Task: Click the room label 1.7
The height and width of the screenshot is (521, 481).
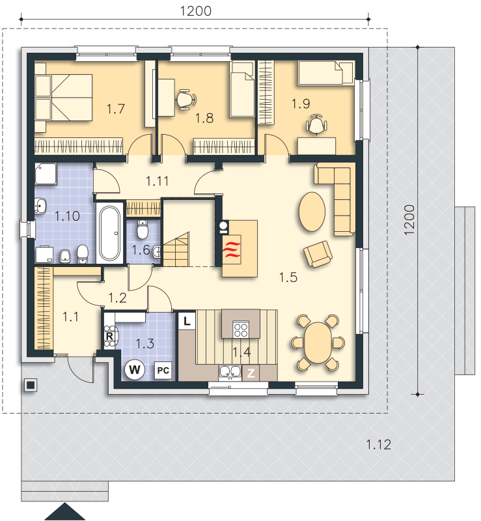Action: point(115,109)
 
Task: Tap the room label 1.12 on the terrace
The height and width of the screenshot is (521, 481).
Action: point(378,445)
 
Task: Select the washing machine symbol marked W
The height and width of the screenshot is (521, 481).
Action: point(135,370)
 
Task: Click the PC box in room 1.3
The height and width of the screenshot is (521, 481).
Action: point(163,371)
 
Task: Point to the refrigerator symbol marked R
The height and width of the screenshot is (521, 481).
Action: point(109,337)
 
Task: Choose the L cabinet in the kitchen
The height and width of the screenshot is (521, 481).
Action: point(187,321)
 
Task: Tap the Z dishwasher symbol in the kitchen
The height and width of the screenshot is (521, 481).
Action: point(250,373)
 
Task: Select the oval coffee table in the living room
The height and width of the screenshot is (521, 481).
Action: point(312,210)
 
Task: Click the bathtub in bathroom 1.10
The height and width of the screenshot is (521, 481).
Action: point(110,232)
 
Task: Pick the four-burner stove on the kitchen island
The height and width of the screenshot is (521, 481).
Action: point(240,328)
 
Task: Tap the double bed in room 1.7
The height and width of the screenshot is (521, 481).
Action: point(64,97)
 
